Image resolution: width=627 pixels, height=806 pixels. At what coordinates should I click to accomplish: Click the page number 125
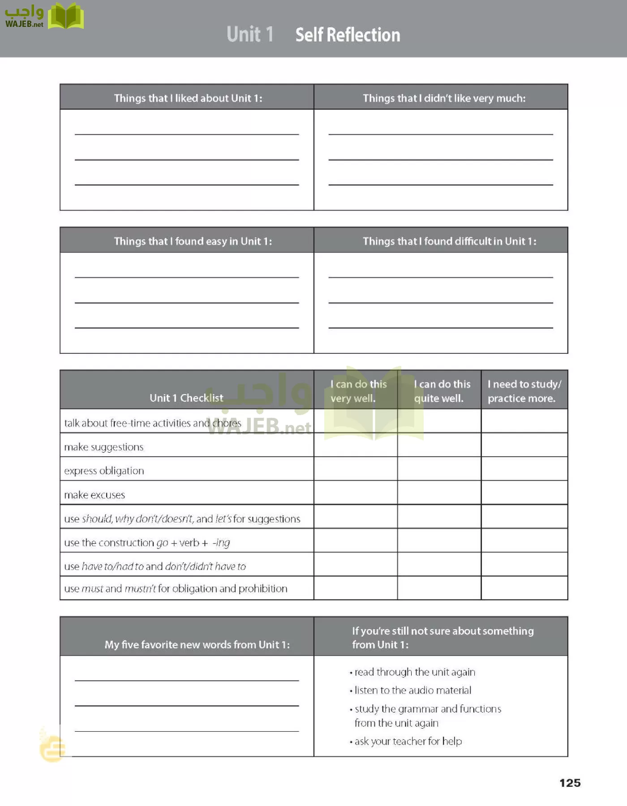coord(570,783)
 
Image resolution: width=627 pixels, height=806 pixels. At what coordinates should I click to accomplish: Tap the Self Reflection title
coord(348,35)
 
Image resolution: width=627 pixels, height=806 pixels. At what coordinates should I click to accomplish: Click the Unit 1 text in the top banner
coord(249,34)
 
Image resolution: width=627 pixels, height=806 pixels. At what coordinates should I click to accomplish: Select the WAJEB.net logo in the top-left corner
coord(44,16)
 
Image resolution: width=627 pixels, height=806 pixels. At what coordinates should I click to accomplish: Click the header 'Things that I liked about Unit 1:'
coord(188,98)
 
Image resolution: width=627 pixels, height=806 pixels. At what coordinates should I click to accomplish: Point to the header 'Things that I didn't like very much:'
coord(444,98)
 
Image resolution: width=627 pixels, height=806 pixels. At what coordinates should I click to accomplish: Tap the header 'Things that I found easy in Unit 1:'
coord(193,241)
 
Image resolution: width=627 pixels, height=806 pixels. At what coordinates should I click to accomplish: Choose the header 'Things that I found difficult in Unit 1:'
coord(449,241)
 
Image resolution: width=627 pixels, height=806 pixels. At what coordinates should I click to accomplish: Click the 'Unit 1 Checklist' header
coord(186,398)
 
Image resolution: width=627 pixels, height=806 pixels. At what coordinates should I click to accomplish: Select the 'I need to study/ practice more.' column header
coord(524,391)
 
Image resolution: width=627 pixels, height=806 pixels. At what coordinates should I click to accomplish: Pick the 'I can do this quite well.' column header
coord(442,391)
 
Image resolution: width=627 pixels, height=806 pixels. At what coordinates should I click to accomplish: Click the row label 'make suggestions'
coord(104,447)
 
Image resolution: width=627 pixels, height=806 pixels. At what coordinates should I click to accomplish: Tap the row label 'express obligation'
coord(104,471)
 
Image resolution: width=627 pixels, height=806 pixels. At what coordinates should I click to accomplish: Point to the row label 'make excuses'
coord(94,495)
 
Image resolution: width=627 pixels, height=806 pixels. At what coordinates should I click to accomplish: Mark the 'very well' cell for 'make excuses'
coord(356,493)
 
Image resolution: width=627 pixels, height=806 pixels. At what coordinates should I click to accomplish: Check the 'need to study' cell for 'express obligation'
coord(524,469)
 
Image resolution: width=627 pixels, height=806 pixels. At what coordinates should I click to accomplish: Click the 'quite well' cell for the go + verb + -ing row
coord(439,540)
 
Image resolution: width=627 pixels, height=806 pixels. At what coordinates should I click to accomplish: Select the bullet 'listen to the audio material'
coord(412,690)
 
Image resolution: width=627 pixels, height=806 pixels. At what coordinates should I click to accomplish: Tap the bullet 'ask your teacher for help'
coord(408,742)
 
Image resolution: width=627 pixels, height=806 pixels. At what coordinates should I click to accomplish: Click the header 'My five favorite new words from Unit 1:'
coord(197,644)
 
